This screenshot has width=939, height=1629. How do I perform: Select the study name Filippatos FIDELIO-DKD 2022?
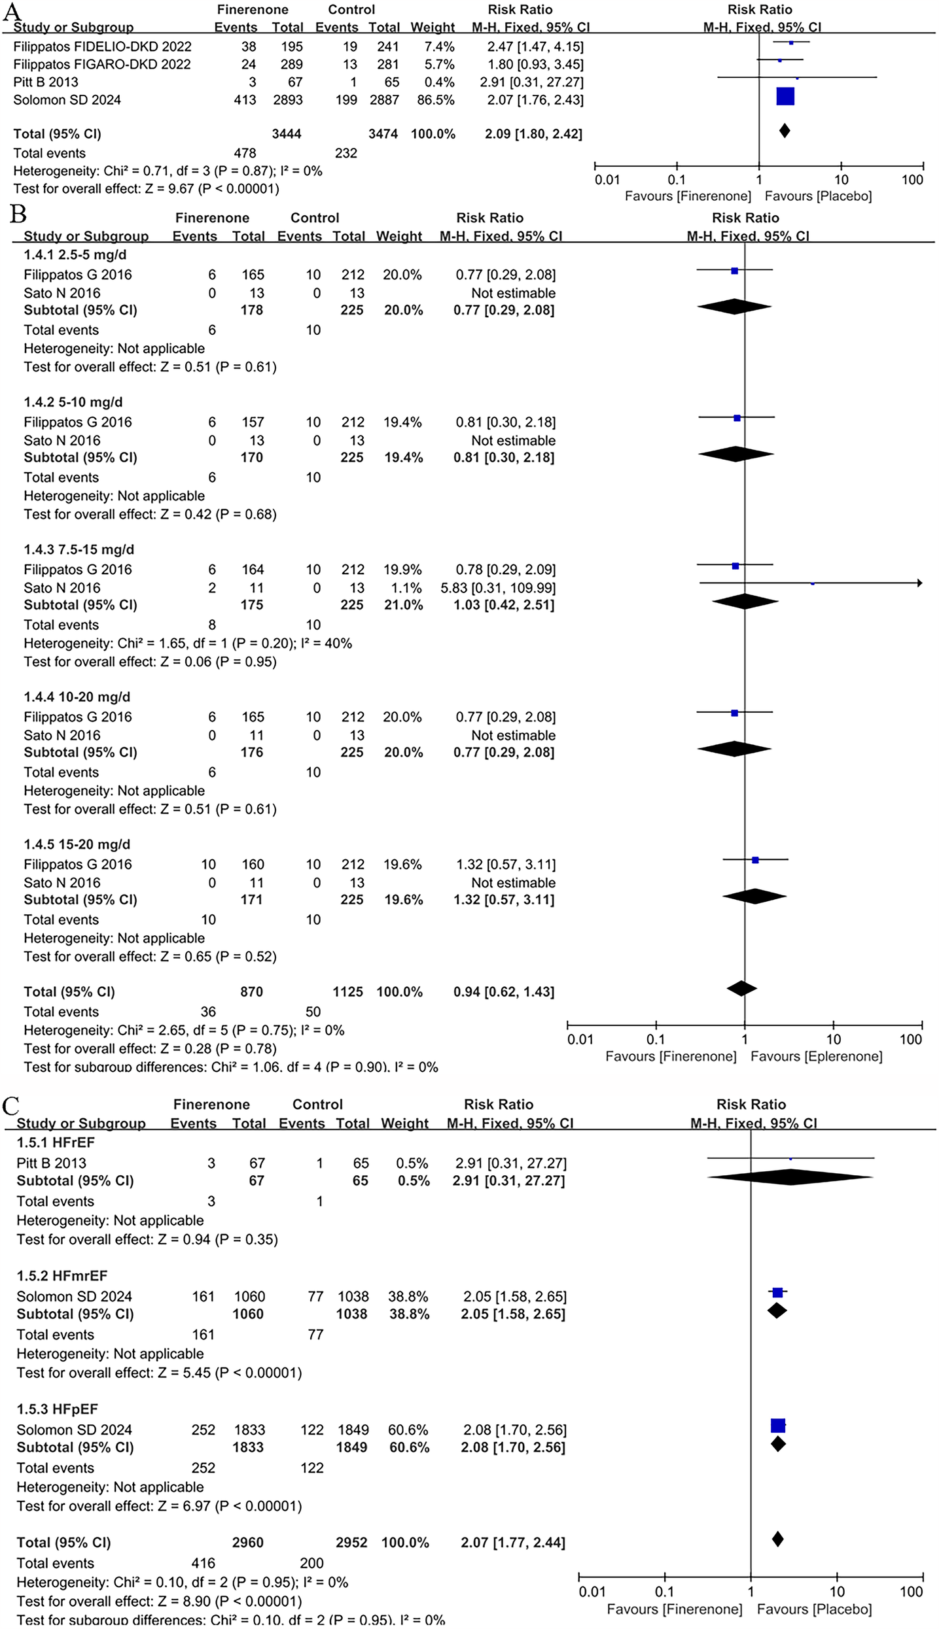click(103, 47)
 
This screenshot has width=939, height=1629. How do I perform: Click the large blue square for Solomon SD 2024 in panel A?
click(785, 96)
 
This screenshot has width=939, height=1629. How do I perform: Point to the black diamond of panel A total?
click(785, 131)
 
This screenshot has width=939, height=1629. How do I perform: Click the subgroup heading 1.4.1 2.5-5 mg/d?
click(75, 255)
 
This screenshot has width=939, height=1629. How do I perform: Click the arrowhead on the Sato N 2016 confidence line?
click(919, 583)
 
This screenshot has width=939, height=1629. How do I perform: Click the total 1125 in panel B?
click(347, 992)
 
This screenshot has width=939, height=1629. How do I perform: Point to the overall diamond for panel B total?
click(741, 989)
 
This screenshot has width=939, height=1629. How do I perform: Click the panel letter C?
click(10, 1106)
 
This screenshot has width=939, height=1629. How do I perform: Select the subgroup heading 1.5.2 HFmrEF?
click(62, 1275)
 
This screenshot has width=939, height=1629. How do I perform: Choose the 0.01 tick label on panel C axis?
click(592, 1592)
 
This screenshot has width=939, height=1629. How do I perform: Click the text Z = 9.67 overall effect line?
click(147, 189)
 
